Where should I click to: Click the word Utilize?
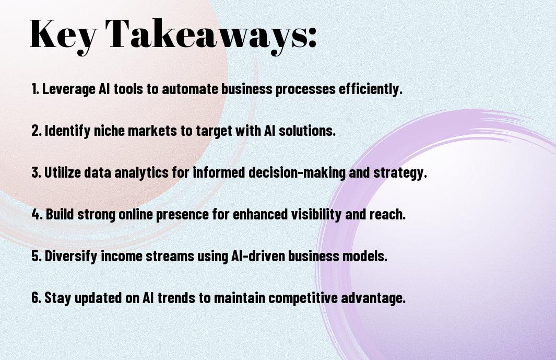(63, 172)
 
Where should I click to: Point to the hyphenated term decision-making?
(297, 173)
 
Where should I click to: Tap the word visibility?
(316, 214)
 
